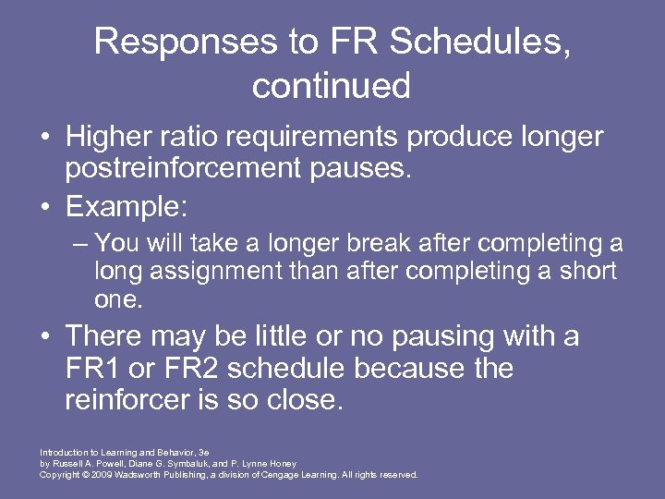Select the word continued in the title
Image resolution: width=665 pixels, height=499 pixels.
331,86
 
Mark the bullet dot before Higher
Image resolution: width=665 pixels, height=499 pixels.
44,139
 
